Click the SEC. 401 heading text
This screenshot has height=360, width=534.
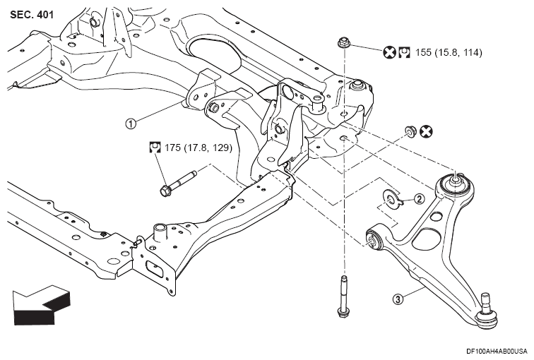[x=32, y=15]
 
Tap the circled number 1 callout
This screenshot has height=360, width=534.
[x=131, y=123]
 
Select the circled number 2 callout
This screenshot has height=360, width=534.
[x=419, y=199]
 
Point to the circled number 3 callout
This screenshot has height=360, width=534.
[x=398, y=299]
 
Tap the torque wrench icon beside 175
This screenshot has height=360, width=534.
[x=155, y=148]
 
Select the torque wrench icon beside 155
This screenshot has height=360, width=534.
[x=404, y=52]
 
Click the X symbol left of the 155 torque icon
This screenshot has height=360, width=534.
[x=390, y=52]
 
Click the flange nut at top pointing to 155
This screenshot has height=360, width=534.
[x=343, y=43]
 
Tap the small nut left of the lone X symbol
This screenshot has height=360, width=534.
[x=410, y=131]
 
